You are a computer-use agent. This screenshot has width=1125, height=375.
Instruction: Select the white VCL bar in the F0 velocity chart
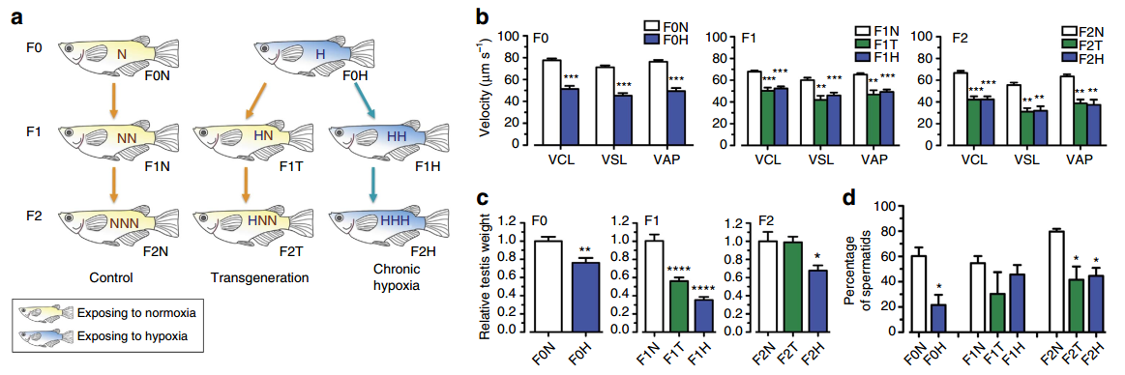(x=551, y=101)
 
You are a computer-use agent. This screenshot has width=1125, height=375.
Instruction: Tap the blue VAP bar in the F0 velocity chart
(x=676, y=117)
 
